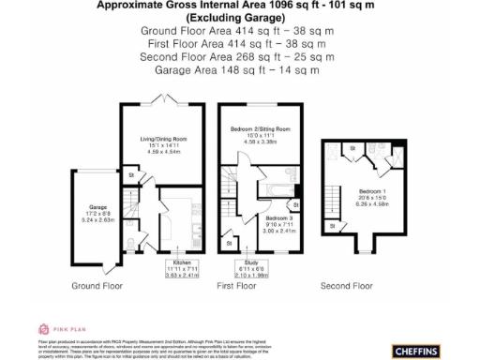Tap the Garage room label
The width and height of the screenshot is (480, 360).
click(98, 206)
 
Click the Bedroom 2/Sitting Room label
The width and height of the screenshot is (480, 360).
click(260, 128)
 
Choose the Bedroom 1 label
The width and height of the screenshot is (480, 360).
click(372, 189)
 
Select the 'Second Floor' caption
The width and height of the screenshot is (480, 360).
click(347, 284)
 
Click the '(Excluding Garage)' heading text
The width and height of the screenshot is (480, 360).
click(237, 18)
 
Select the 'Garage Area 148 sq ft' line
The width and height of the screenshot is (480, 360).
click(237, 69)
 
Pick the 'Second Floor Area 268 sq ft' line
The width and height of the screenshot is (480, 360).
click(237, 56)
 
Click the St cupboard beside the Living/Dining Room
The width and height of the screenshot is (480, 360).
click(132, 174)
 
